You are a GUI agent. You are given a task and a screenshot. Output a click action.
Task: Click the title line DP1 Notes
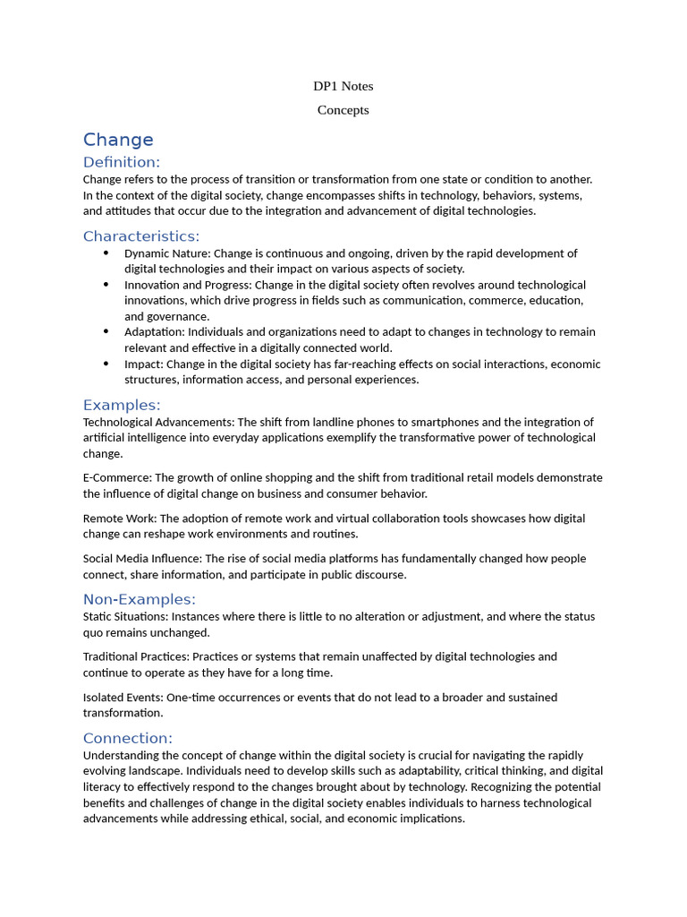point(343,86)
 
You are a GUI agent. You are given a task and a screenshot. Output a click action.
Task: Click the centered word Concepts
point(343,110)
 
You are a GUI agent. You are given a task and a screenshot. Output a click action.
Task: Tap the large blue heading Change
point(118,140)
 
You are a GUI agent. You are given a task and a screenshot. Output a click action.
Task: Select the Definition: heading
point(122,162)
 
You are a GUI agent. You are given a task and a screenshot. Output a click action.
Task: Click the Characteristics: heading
point(141,236)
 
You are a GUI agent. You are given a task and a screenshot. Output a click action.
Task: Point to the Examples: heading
point(122,405)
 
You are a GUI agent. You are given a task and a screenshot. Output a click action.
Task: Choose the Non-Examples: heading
point(140,599)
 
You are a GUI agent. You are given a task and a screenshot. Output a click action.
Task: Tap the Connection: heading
point(128,738)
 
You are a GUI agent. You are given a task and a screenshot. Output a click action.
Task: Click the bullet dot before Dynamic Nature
point(106,253)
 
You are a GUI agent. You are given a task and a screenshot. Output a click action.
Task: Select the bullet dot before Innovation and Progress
point(106,285)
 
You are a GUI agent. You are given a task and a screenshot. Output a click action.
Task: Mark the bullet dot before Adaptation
point(106,331)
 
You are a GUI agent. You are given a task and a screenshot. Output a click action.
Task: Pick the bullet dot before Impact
point(106,364)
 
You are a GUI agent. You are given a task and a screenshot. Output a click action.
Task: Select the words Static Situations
point(124,616)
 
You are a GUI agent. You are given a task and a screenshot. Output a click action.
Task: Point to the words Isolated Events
point(123,697)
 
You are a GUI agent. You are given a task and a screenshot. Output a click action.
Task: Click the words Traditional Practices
point(134,656)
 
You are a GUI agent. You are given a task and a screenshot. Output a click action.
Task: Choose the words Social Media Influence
point(141,558)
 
